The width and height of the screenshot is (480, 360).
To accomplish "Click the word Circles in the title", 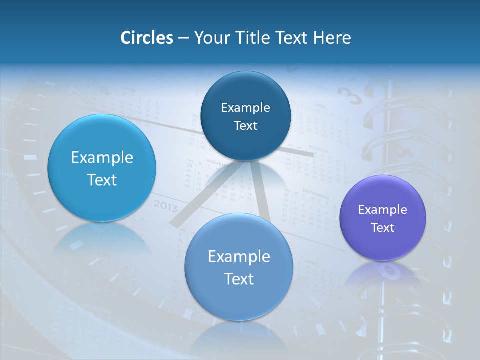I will [x=146, y=38].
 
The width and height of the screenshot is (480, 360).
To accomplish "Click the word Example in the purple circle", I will [x=382, y=210].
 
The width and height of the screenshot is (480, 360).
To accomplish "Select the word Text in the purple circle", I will [x=383, y=228].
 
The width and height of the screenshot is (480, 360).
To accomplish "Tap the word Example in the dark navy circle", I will [x=245, y=108].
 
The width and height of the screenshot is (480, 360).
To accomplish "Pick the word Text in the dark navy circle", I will [x=245, y=126].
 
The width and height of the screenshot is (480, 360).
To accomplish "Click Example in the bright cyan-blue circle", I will [x=102, y=158].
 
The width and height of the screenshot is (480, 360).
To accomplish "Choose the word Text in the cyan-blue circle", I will [x=102, y=180].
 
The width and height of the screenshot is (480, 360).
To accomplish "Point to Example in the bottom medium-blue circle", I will [x=239, y=257].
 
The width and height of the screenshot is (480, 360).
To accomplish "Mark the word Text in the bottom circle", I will [x=239, y=279].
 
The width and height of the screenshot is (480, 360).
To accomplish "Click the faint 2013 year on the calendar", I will [x=165, y=205].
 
